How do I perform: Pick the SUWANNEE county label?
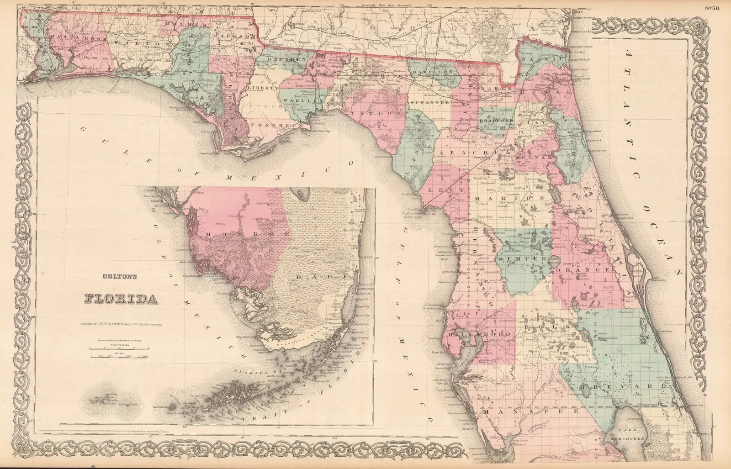[428, 103]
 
